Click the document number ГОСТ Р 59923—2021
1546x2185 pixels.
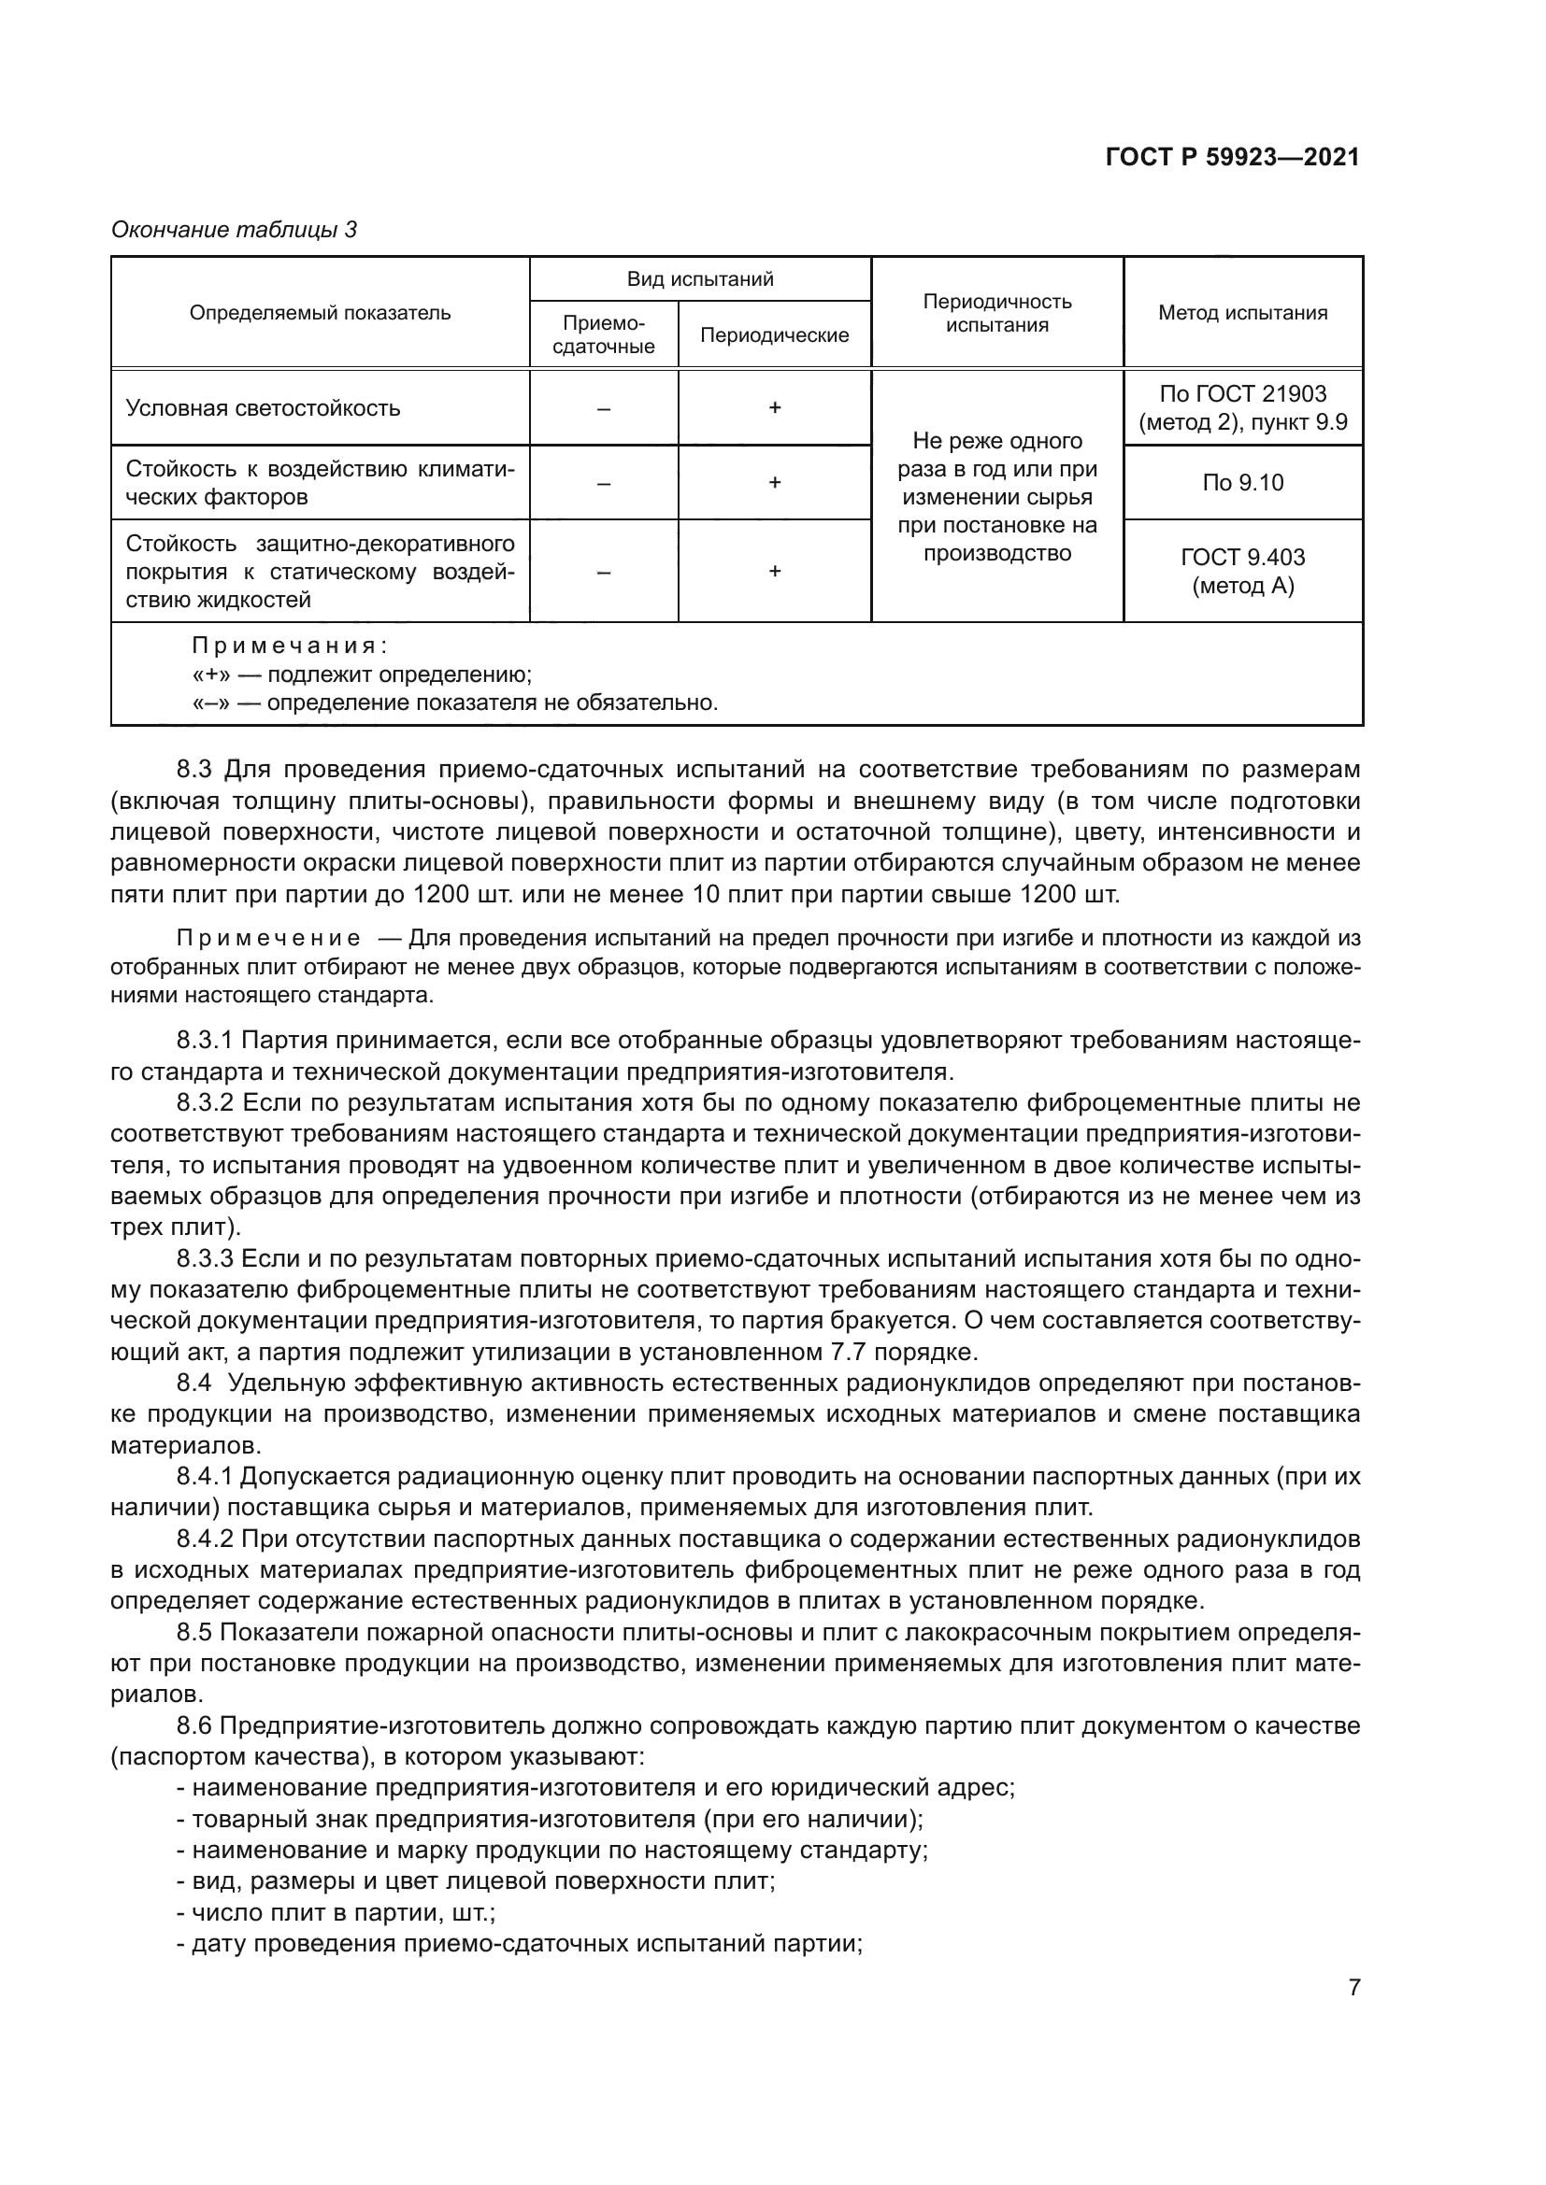[x=1232, y=158]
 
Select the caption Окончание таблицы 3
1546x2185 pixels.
[x=235, y=230]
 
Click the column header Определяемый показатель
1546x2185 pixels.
[x=320, y=313]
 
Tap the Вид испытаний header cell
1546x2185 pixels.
[x=700, y=278]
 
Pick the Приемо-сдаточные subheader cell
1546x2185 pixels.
[x=604, y=335]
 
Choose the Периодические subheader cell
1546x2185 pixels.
[x=774, y=335]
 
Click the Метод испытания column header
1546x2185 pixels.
[x=1242, y=313]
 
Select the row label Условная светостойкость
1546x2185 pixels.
[x=263, y=408]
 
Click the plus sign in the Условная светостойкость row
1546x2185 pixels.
[x=775, y=407]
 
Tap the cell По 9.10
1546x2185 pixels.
[x=1242, y=482]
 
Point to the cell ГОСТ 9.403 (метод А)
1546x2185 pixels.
[x=1242, y=571]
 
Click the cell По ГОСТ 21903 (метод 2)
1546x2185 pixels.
[x=1242, y=408]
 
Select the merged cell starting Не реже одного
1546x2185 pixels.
[x=996, y=496]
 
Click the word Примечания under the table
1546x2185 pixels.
[x=289, y=646]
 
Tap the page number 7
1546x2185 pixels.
[x=1353, y=1987]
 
